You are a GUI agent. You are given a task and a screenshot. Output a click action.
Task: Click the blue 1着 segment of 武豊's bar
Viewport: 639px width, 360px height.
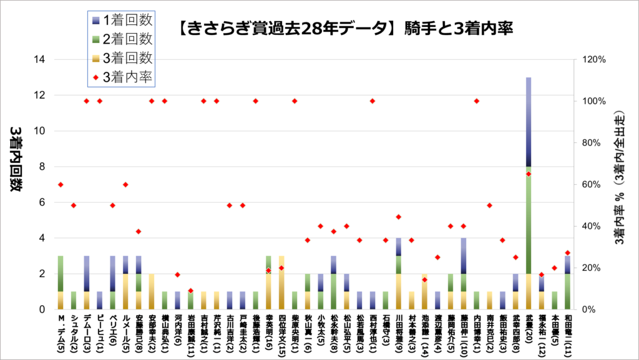click(529, 122)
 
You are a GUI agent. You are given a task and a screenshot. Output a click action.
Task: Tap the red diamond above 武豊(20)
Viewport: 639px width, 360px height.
click(529, 173)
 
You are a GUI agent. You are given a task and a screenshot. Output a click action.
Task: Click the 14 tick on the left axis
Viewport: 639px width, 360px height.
click(43, 60)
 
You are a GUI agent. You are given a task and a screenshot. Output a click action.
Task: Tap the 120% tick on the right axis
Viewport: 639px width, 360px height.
click(592, 60)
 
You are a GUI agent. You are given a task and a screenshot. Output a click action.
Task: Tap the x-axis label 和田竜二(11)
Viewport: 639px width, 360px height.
click(567, 334)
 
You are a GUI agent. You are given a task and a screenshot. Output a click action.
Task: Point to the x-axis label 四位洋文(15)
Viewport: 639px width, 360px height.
click(281, 334)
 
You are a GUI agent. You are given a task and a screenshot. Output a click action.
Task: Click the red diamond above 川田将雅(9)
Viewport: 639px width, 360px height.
click(398, 217)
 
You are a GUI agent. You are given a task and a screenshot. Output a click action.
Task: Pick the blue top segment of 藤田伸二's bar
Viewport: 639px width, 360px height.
click(463, 255)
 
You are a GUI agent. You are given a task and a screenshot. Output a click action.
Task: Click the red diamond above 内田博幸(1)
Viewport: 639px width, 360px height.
click(476, 101)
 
